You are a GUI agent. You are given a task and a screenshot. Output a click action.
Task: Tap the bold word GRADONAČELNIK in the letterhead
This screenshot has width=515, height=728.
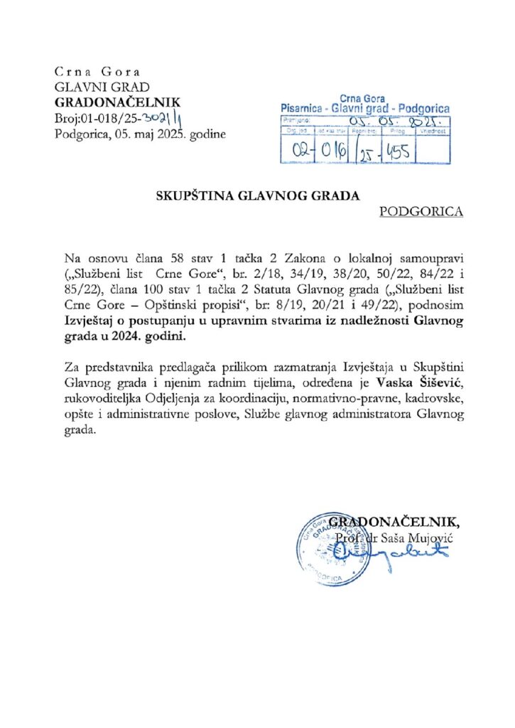pos(118,102)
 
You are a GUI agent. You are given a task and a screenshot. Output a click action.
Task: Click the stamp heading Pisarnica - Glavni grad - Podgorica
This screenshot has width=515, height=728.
pos(365,108)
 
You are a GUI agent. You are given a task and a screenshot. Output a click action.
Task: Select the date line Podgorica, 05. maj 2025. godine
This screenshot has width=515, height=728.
pos(141,133)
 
